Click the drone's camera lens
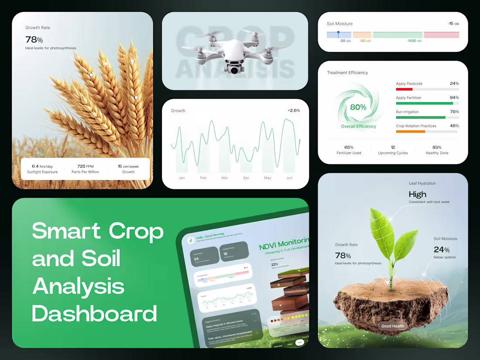coord(235,69)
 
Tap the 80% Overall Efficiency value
coord(358,107)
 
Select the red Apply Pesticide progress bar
coord(404,89)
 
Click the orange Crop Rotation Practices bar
coord(410,131)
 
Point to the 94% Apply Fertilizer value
coord(454,98)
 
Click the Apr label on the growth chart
coord(246,178)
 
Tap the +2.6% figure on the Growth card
coord(293,110)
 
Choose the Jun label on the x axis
coord(289,178)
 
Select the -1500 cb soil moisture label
coord(414,41)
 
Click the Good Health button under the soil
coord(393,326)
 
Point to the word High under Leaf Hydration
coord(418,194)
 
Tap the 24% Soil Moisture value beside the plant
coord(442,250)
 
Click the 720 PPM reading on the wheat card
coord(85,166)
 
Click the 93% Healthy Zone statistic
coord(437,147)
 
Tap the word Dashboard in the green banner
coord(94,314)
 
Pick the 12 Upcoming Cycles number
coord(393,147)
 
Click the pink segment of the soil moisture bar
coord(441,35)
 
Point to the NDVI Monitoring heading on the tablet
coord(284,243)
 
